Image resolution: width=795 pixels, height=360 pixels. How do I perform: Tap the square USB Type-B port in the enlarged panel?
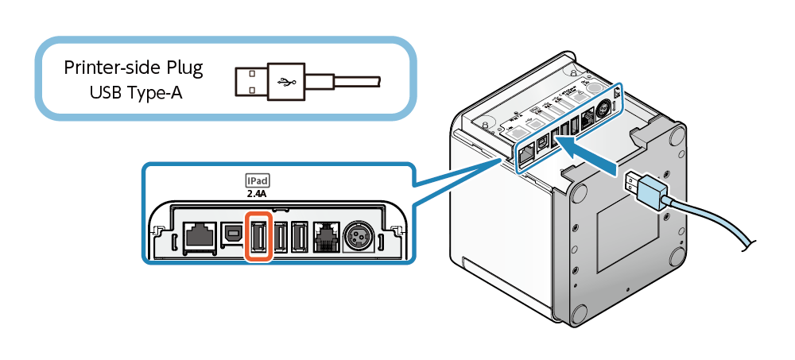tap(232, 234)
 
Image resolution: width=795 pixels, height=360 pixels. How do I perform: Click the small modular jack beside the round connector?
tap(327, 236)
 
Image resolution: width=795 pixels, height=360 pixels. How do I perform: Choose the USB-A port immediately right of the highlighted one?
tap(280, 235)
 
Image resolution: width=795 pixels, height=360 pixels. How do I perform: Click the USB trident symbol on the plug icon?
tap(283, 81)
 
